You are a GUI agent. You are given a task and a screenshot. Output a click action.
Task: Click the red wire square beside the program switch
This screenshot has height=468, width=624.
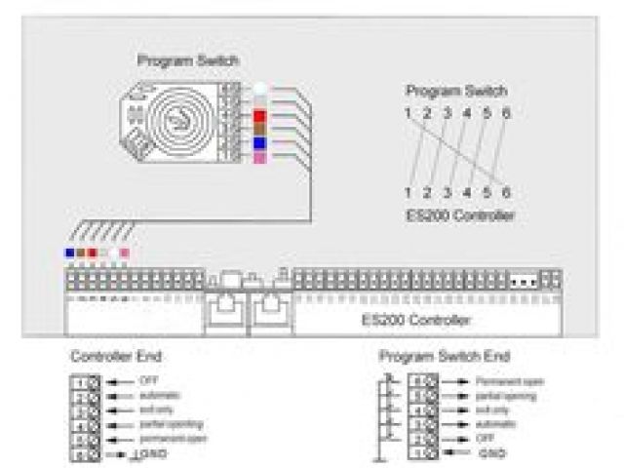(x=259, y=115)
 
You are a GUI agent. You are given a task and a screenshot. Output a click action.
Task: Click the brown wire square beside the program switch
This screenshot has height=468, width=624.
(x=259, y=129)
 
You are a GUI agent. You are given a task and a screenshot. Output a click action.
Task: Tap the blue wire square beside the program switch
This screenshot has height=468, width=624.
(x=259, y=143)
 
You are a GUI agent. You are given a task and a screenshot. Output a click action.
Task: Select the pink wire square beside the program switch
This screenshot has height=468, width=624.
(x=259, y=157)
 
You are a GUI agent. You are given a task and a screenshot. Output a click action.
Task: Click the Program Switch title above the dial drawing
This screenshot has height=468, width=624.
(x=188, y=60)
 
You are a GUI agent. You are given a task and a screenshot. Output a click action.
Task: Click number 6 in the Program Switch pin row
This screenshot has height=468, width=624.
(x=506, y=113)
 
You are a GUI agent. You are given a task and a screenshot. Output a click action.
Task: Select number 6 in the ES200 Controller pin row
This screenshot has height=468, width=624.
(x=506, y=193)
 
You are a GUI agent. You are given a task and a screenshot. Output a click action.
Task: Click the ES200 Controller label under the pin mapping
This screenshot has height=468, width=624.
(x=458, y=215)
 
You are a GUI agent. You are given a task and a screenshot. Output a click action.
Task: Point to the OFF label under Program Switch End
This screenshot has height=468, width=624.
(x=485, y=440)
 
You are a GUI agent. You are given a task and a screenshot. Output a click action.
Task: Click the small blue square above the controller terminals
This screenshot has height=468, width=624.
(x=69, y=253)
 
